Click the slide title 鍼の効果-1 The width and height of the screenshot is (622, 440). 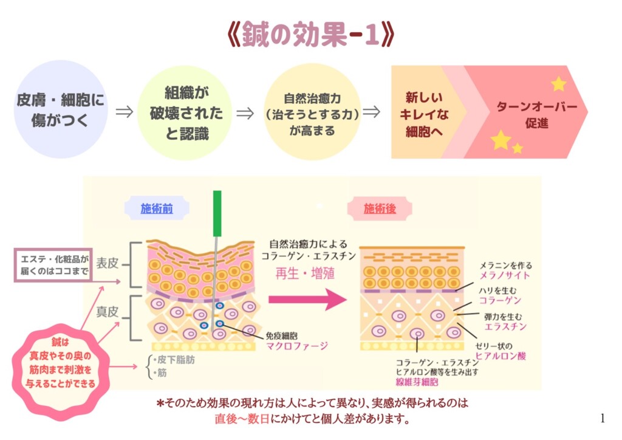click(310, 35)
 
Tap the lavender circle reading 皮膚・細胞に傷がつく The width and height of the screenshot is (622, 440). click(60, 109)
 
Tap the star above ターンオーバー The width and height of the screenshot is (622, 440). click(558, 84)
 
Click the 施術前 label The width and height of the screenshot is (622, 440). click(157, 208)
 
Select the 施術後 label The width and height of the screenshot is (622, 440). click(380, 208)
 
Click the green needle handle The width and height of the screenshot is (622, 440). click(217, 213)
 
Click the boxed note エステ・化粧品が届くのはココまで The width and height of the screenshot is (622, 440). click(53, 265)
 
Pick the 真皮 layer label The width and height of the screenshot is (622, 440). click(108, 312)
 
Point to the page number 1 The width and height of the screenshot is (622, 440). click(602, 418)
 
